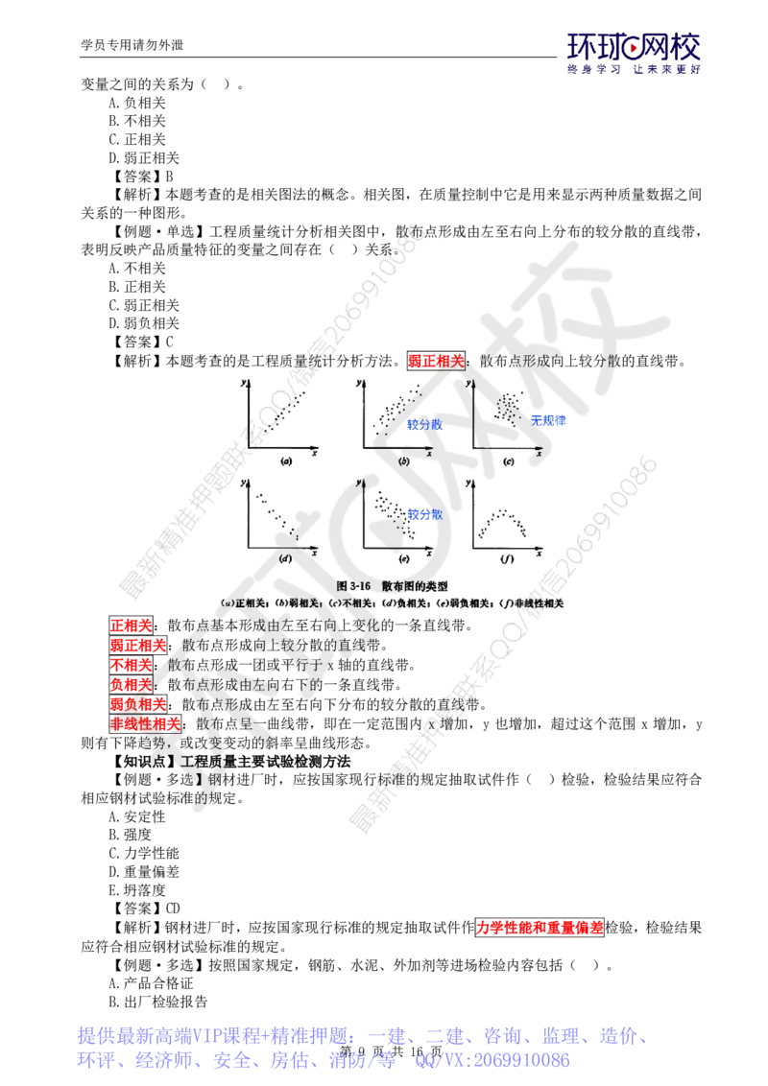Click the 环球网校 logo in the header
pyautogui.click(x=634, y=53)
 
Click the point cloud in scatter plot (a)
pyautogui.click(x=278, y=411)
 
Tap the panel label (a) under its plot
pyautogui.click(x=284, y=460)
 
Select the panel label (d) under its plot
pyautogui.click(x=284, y=558)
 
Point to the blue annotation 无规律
pyautogui.click(x=548, y=421)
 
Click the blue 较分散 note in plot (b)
pyautogui.click(x=424, y=423)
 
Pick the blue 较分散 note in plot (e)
pyautogui.click(x=423, y=514)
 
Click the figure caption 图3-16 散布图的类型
pyautogui.click(x=394, y=584)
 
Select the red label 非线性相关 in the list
pyautogui.click(x=145, y=723)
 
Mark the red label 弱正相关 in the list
pyautogui.click(x=137, y=644)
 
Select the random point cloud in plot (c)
pyautogui.click(x=507, y=408)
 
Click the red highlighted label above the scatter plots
pyautogui.click(x=437, y=361)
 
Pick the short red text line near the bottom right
pyautogui.click(x=540, y=928)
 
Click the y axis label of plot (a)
pyautogui.click(x=245, y=383)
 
